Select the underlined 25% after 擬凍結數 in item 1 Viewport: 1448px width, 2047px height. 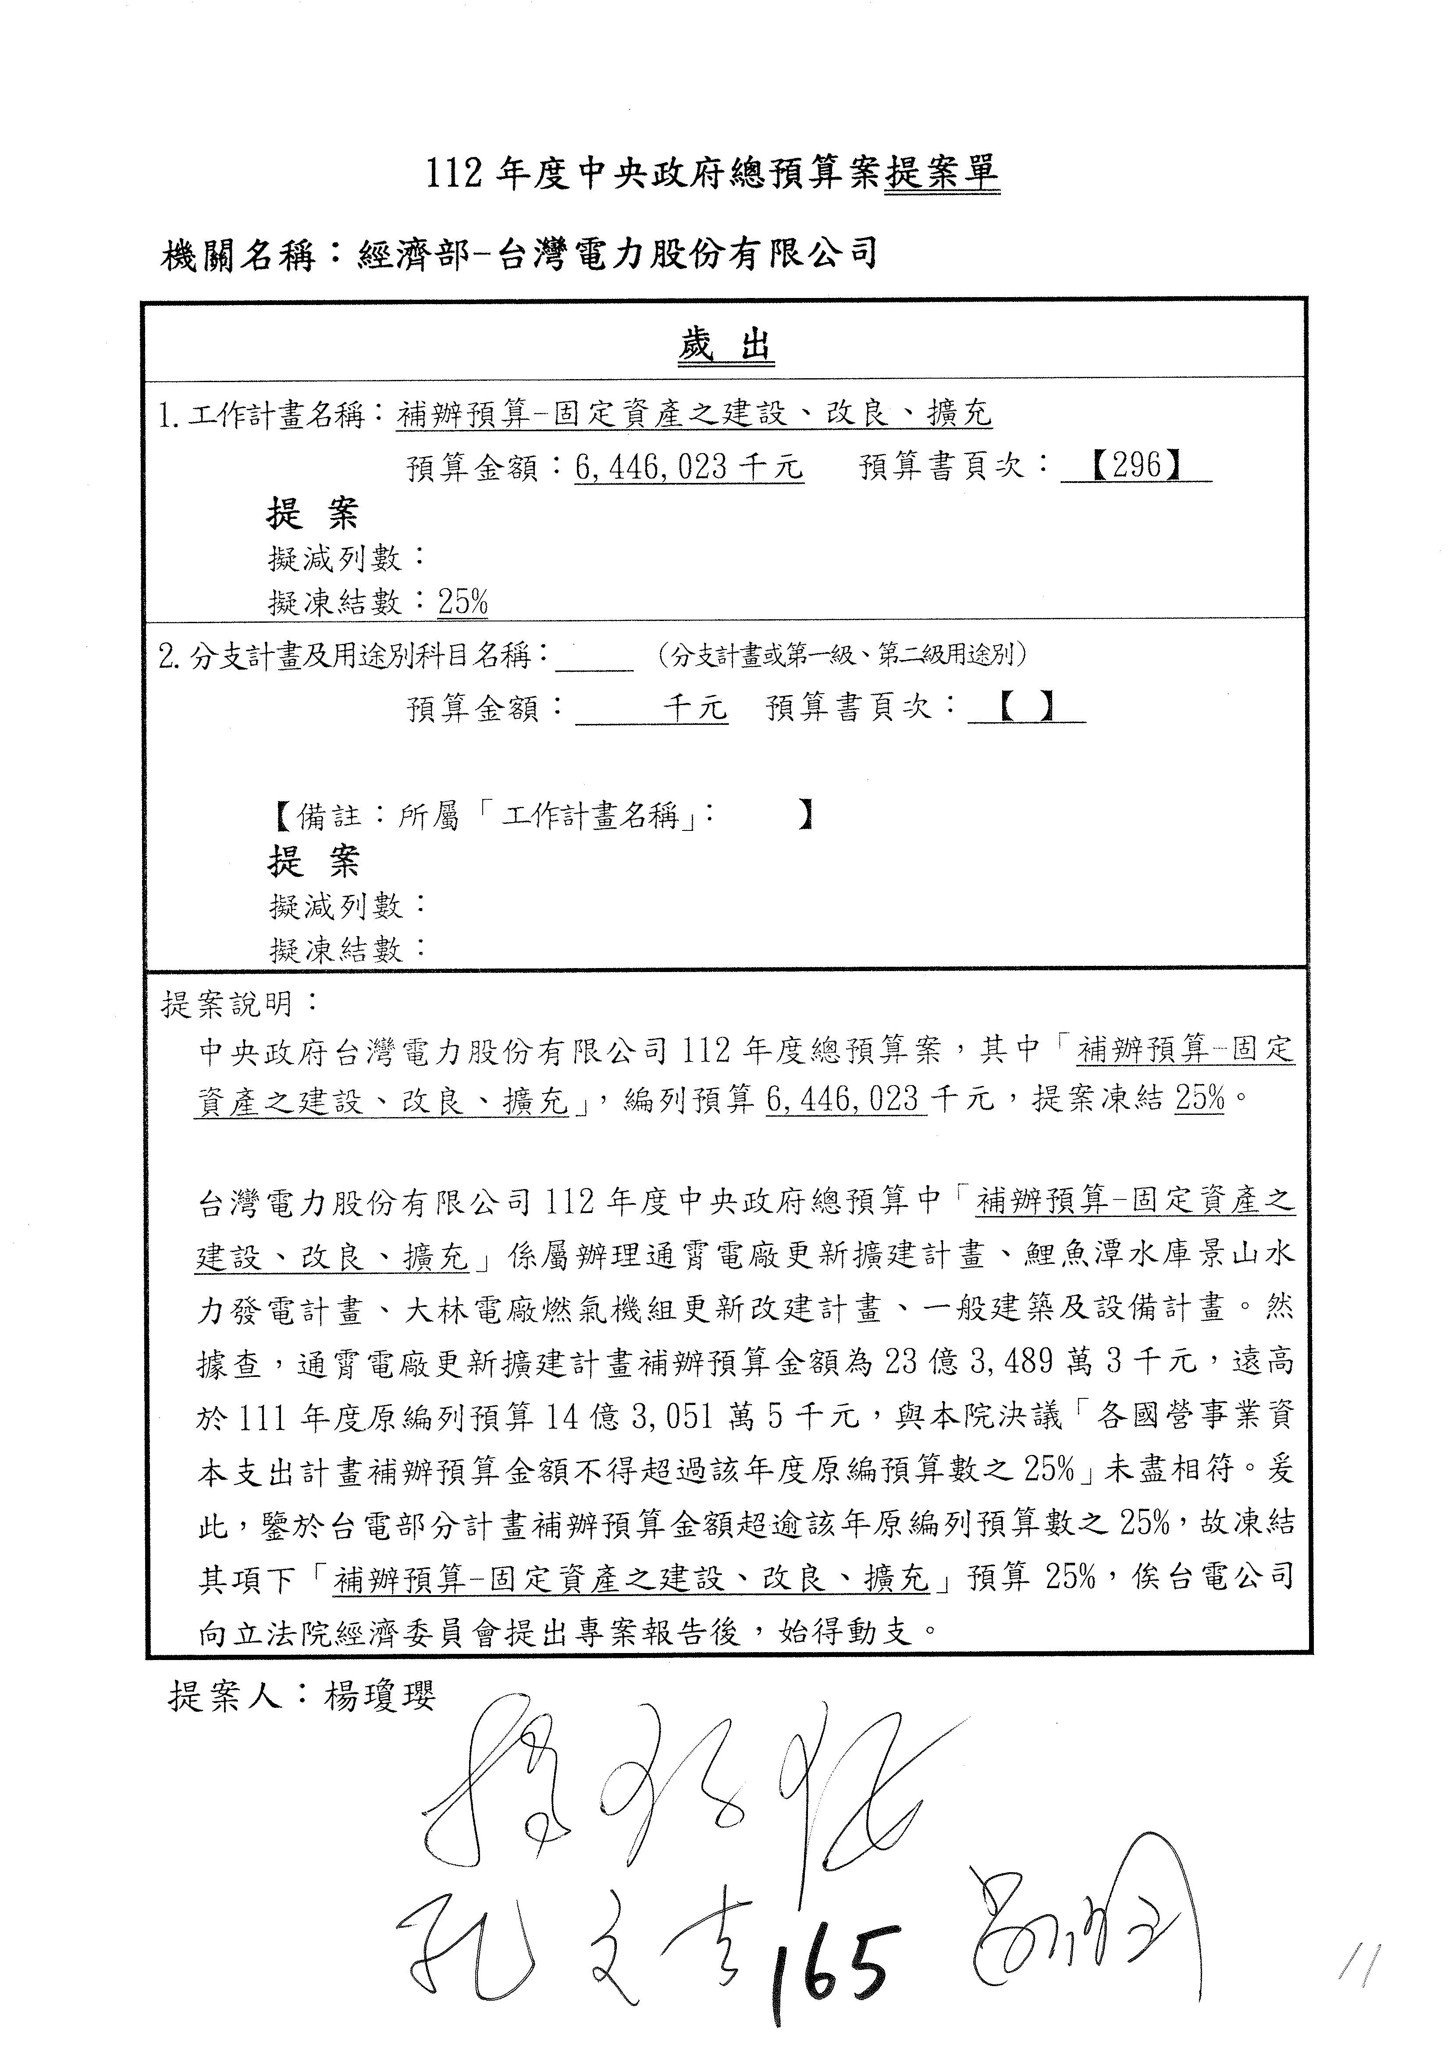coord(463,603)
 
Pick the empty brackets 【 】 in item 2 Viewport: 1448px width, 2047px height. coord(1026,707)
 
